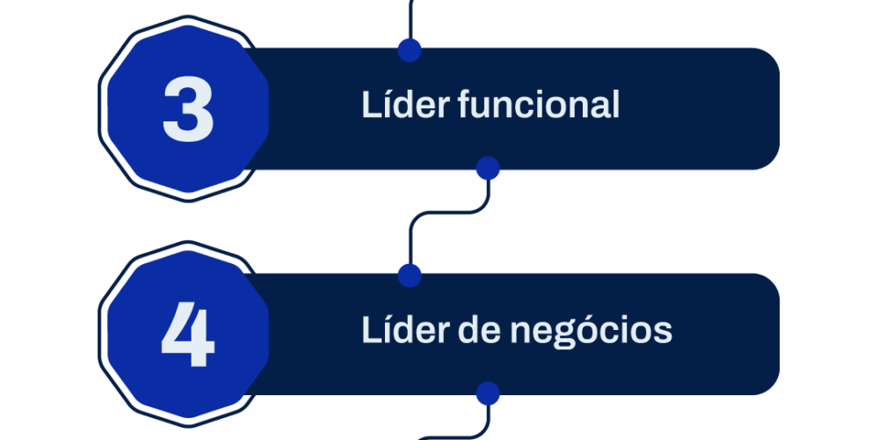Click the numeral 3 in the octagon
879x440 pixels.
188,109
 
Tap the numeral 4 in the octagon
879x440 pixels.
188,334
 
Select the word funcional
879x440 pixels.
539,105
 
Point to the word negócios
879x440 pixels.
591,331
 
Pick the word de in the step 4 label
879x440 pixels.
480,330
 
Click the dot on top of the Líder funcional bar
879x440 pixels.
410,50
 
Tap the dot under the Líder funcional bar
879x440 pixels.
488,168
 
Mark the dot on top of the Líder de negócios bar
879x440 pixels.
410,275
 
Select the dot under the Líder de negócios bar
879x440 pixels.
488,394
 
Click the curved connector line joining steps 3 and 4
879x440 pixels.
448,213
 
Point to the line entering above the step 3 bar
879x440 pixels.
410,19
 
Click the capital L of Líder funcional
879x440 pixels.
371,105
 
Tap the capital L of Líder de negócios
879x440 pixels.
371,330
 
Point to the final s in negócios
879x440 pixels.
662,333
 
